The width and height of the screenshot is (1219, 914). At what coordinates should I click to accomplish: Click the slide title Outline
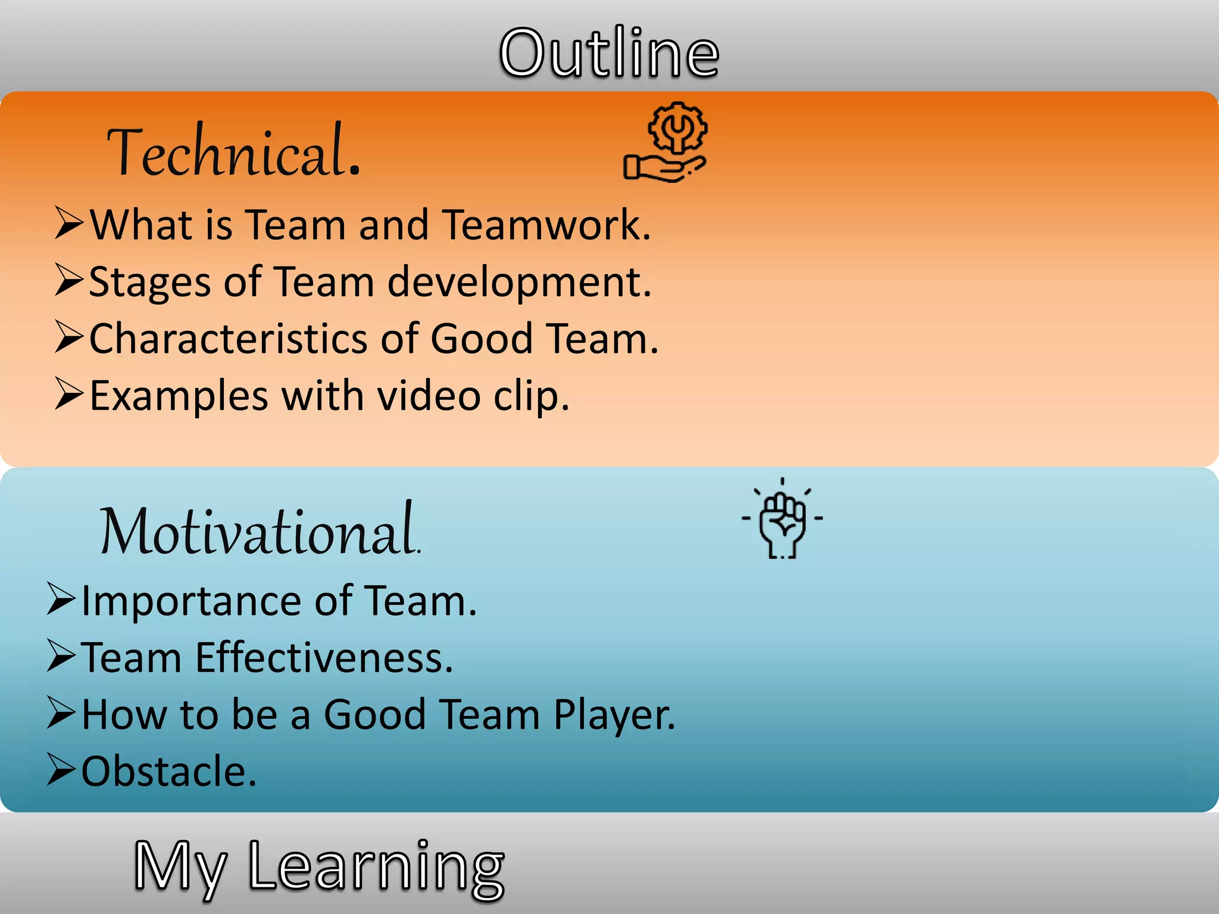click(609, 53)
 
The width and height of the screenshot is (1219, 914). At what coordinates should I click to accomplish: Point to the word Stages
click(149, 282)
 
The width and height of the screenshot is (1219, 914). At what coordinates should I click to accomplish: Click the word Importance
click(191, 601)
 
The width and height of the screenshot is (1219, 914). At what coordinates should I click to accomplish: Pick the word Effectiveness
click(324, 658)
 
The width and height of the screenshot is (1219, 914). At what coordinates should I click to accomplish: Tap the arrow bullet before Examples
click(68, 394)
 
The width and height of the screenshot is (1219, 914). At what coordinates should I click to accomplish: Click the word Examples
click(179, 396)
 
